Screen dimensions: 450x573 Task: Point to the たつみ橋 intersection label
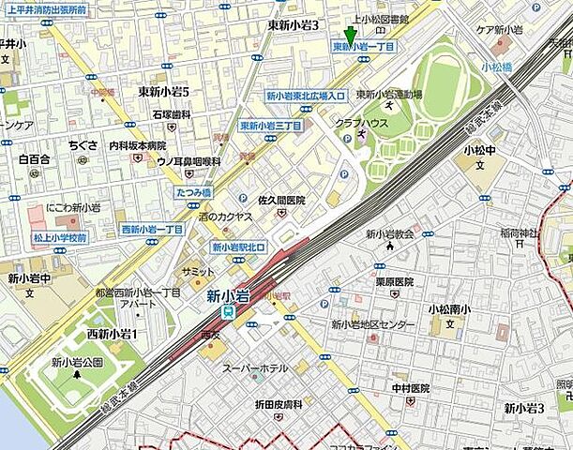click(193, 192)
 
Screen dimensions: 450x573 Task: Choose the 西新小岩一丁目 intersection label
click(152, 230)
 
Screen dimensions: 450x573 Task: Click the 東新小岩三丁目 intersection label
click(270, 126)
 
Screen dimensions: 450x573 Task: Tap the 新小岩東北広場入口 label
click(306, 96)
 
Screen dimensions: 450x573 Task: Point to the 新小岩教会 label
click(389, 234)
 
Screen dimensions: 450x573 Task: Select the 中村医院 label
click(411, 388)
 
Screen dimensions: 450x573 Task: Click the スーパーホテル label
click(254, 368)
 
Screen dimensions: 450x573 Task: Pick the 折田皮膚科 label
click(279, 404)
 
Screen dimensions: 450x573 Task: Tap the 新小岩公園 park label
click(76, 362)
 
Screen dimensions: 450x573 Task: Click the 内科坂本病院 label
click(137, 145)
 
